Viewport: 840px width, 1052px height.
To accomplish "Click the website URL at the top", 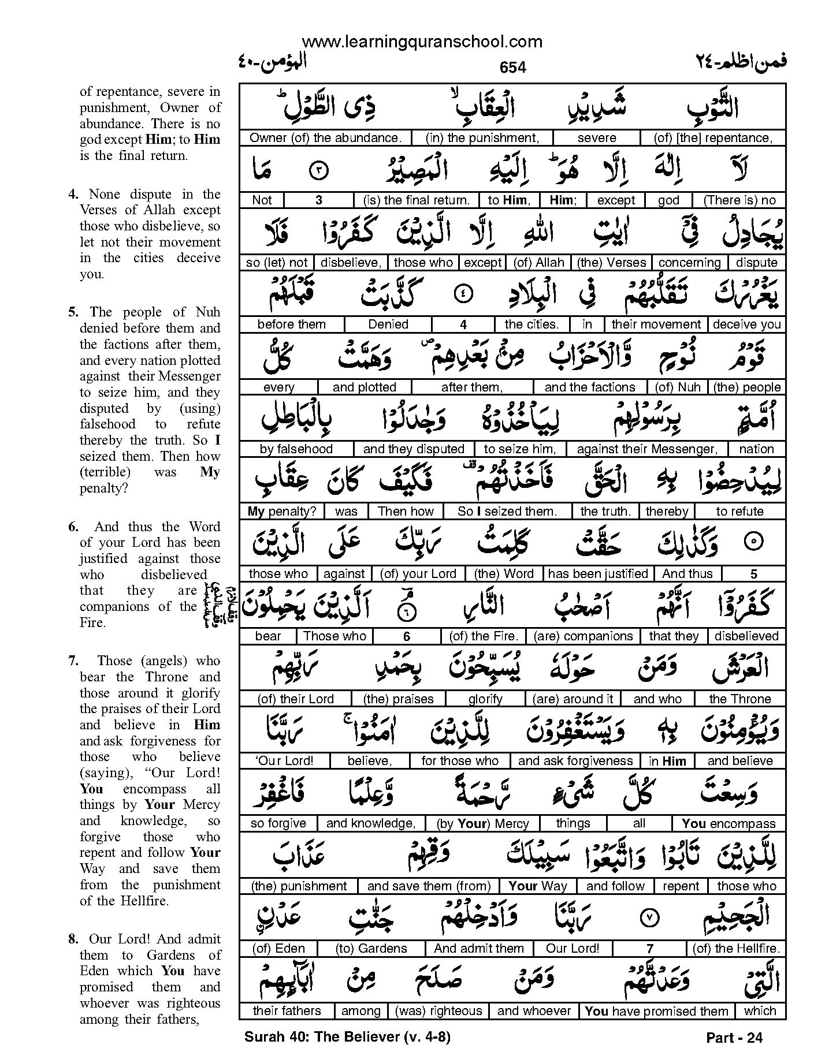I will [x=422, y=42].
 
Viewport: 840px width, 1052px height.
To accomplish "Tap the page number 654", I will [x=512, y=68].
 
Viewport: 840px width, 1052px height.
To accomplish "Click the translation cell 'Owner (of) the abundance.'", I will [x=325, y=138].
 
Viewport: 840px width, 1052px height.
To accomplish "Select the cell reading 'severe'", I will [x=597, y=138].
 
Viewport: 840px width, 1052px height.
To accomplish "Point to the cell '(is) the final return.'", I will [x=417, y=200].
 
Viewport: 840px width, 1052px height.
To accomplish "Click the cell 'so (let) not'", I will [x=277, y=263].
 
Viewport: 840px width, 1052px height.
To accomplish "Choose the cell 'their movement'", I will [x=656, y=324].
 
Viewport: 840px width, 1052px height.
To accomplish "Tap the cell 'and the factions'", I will [x=590, y=387].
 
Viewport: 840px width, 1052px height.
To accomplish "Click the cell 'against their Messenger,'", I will [x=647, y=449].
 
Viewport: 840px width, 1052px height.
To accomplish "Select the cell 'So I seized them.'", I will [x=507, y=512].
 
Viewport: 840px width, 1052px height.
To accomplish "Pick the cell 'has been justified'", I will [x=598, y=574].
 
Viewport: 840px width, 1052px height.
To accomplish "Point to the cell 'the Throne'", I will [x=740, y=699].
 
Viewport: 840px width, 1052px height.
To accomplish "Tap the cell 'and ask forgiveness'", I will [x=575, y=761].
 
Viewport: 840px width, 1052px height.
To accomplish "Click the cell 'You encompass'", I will [x=729, y=824].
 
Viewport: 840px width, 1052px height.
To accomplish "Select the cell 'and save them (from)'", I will [x=429, y=886].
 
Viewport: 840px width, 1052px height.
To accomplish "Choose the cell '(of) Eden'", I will [x=279, y=949].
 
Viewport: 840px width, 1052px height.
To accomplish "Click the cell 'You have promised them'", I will [x=657, y=1011].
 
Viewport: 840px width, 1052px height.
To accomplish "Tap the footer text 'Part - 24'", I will [x=734, y=1038].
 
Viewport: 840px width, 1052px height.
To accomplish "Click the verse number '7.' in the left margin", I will [x=73, y=661].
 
